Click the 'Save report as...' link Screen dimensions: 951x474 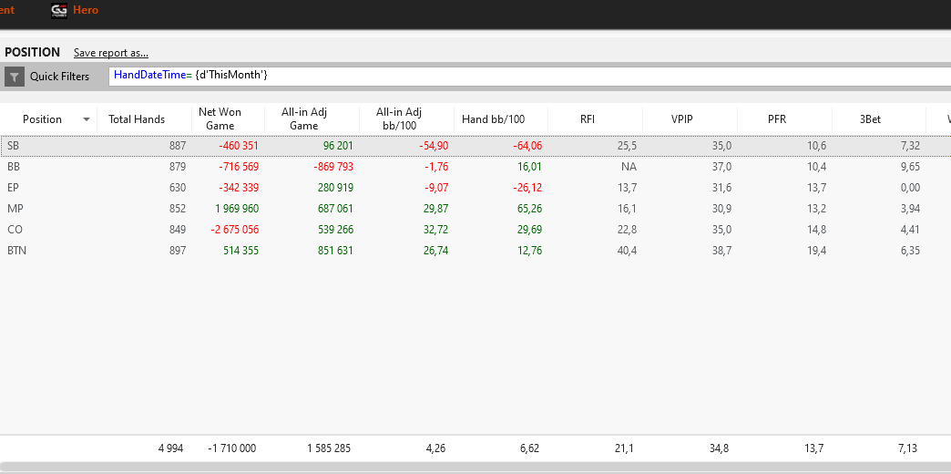tap(111, 53)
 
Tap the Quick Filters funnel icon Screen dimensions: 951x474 tap(15, 77)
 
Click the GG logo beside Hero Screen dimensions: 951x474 tap(59, 10)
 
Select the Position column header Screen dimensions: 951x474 tap(43, 119)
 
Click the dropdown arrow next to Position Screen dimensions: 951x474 tap(87, 119)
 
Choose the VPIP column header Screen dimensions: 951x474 tap(681, 119)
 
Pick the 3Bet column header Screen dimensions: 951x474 tap(870, 119)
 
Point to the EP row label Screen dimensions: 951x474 tap(14, 188)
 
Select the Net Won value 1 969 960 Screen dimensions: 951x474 tap(237, 209)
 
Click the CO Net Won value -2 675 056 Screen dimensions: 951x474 tap(234, 230)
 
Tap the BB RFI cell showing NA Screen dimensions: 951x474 tap(629, 167)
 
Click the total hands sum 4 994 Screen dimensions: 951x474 tap(169, 448)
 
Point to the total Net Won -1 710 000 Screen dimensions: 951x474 tap(231, 448)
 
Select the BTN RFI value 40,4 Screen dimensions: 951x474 tap(628, 251)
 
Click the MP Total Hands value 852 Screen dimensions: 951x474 tap(178, 209)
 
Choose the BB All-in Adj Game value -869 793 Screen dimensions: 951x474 tap(328, 167)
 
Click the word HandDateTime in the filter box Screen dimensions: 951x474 tap(150, 76)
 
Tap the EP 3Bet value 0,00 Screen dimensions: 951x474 tap(910, 188)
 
